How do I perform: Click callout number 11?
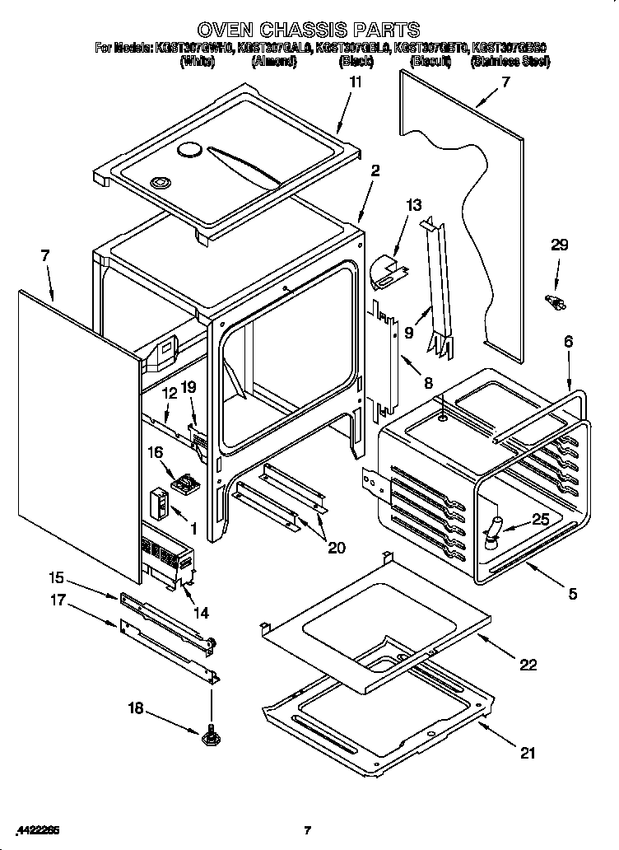[355, 82]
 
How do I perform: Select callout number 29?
[559, 245]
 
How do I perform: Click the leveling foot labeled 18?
[210, 734]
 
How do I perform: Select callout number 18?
[133, 706]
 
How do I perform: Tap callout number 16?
[155, 451]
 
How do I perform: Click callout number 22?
[528, 664]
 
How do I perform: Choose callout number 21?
[528, 751]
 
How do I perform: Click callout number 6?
[568, 340]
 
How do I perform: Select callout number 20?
[336, 547]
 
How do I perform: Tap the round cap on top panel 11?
[190, 150]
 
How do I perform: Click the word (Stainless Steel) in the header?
[510, 62]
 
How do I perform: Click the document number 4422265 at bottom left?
[37, 829]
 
